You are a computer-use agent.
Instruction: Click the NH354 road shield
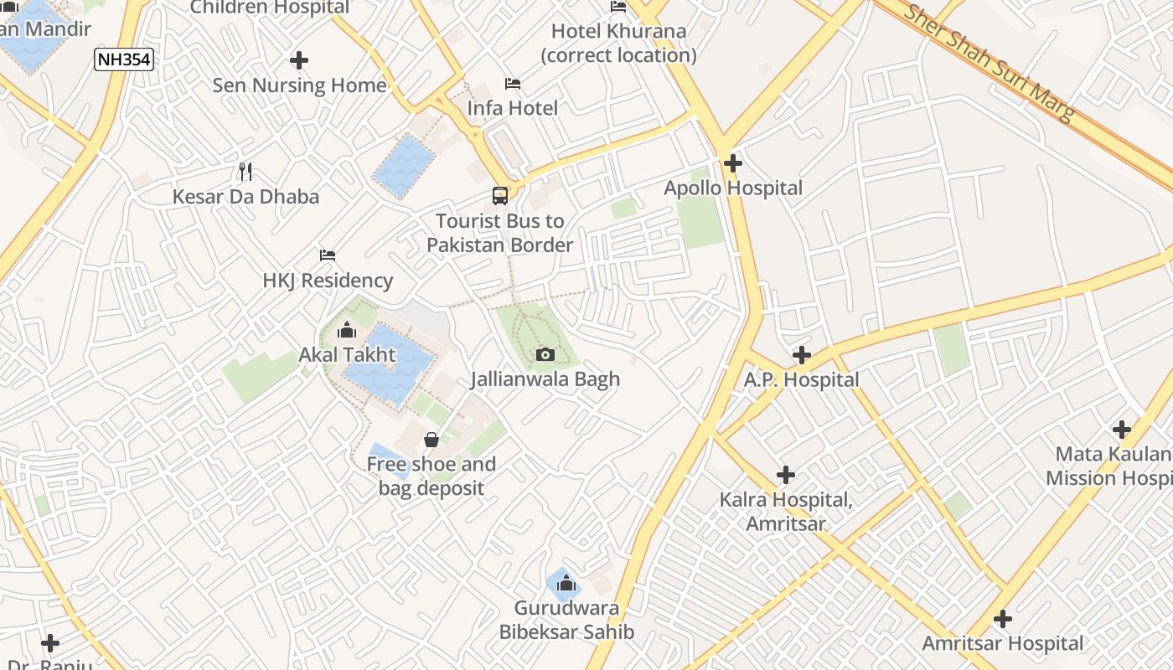tap(124, 59)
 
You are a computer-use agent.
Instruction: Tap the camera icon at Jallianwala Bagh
tap(545, 354)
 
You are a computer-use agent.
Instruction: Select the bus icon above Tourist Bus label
tap(500, 196)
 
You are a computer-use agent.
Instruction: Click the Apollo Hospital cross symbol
tap(733, 163)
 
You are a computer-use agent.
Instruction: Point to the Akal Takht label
tap(347, 355)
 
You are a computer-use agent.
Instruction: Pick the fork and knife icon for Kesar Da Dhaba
tap(245, 172)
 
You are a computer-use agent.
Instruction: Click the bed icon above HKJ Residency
tap(328, 255)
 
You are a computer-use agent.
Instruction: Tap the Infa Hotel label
tap(512, 108)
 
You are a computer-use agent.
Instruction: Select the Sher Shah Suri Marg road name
tap(989, 63)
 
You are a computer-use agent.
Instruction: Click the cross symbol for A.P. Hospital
tap(802, 355)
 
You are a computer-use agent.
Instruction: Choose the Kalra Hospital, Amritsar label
tap(786, 512)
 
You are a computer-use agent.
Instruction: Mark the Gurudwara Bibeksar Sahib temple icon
tap(566, 583)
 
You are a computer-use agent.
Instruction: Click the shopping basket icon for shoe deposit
tap(431, 440)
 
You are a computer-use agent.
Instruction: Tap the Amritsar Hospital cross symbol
tap(1003, 620)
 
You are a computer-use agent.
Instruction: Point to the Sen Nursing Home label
tap(299, 85)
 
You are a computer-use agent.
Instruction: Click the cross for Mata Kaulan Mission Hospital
tap(1122, 430)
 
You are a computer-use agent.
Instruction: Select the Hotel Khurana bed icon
tap(618, 7)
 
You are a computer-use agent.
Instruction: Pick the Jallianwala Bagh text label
tap(545, 379)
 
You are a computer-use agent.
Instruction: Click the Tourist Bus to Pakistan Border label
tap(500, 233)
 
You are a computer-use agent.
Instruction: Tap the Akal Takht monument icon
tap(347, 331)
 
